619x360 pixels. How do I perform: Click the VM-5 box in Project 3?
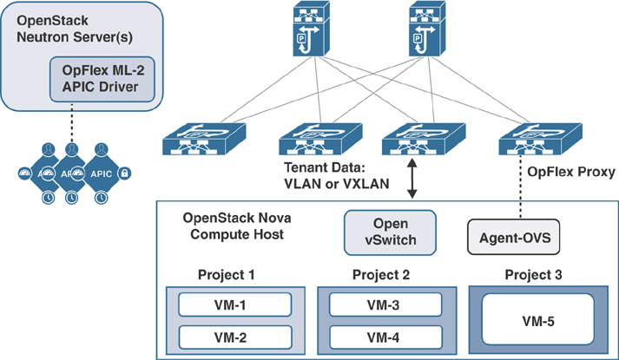click(535, 320)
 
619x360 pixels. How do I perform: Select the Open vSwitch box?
click(388, 232)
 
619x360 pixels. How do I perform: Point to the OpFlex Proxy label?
click(570, 173)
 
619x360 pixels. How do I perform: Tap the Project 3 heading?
click(532, 276)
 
